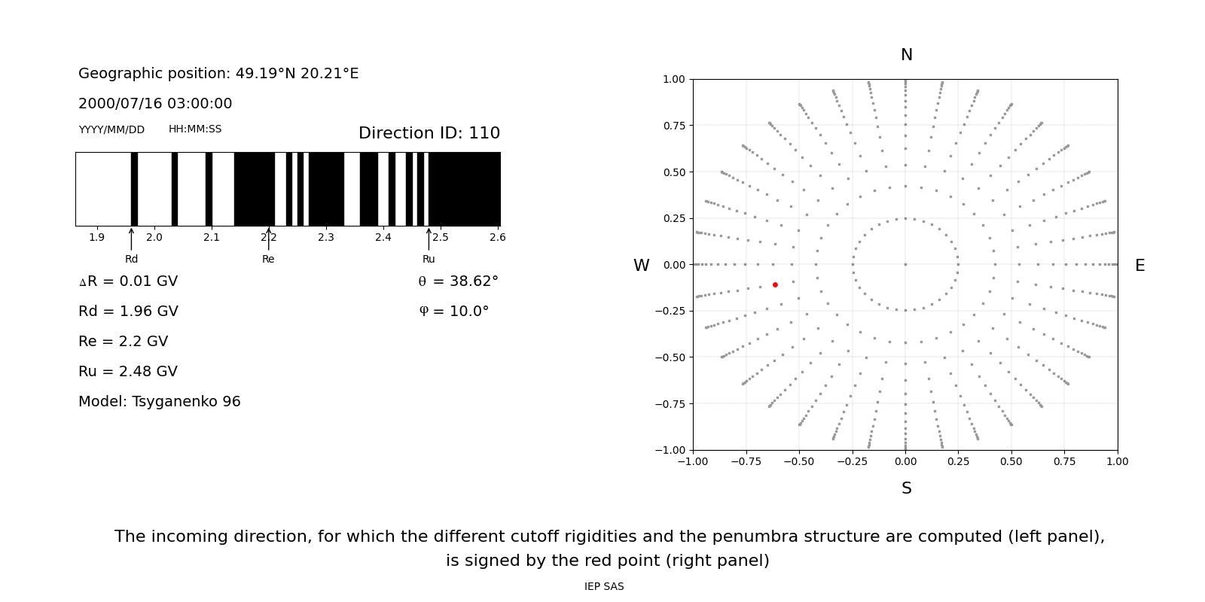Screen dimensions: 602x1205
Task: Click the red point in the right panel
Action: coord(775,284)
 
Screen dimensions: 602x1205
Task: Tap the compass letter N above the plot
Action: coord(906,56)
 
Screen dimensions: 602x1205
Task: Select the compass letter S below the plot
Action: coord(906,489)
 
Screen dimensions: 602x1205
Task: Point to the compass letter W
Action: coord(641,266)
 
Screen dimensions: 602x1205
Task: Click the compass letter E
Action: coord(1139,266)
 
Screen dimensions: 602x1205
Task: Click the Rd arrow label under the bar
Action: coord(131,260)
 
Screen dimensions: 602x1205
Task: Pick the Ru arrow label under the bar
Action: coord(429,260)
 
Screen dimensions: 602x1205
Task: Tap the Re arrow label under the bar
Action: coord(268,260)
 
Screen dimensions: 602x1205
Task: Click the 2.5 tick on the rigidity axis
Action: coord(440,238)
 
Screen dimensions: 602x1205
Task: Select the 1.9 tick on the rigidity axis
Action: coord(97,238)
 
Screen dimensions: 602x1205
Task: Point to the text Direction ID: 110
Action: coord(429,133)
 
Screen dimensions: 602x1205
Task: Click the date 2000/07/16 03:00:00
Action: coord(155,104)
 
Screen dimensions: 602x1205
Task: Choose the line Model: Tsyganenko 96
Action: coord(160,402)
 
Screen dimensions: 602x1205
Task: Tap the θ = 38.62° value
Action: coord(458,281)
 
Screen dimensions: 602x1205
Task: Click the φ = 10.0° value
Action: coord(453,312)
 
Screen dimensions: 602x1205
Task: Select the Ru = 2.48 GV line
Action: coord(128,372)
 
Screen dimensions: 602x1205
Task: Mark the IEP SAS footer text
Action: coord(604,587)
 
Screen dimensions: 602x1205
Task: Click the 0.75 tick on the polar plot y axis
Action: coord(674,126)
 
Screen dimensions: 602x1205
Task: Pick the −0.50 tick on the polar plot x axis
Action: coord(799,461)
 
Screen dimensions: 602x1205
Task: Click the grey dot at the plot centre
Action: coord(905,264)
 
